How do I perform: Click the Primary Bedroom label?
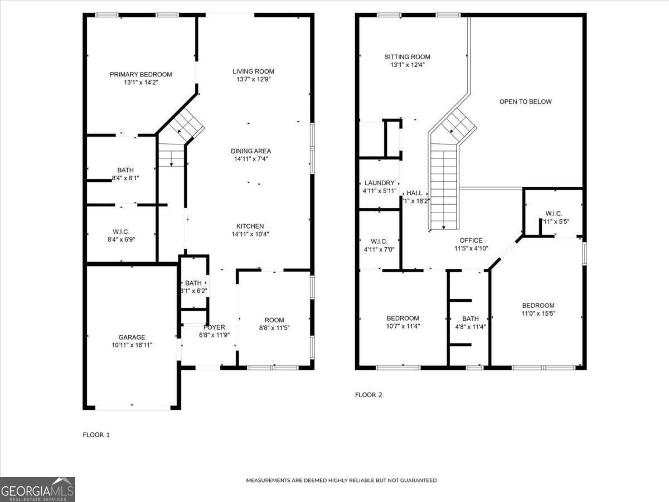140,74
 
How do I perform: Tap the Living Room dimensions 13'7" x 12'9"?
253,79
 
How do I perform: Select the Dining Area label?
251,151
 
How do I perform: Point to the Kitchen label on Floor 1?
250,226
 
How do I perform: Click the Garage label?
132,337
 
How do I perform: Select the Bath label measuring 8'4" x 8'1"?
125,170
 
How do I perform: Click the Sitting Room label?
407,57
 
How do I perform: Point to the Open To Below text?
525,102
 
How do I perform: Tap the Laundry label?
379,183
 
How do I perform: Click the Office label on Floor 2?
471,240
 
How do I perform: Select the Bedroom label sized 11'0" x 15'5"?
538,305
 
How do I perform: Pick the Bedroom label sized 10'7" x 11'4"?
403,318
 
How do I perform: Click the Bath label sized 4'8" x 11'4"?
470,318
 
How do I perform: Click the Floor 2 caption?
369,395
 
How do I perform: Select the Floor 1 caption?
96,435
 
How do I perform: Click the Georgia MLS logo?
37,489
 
